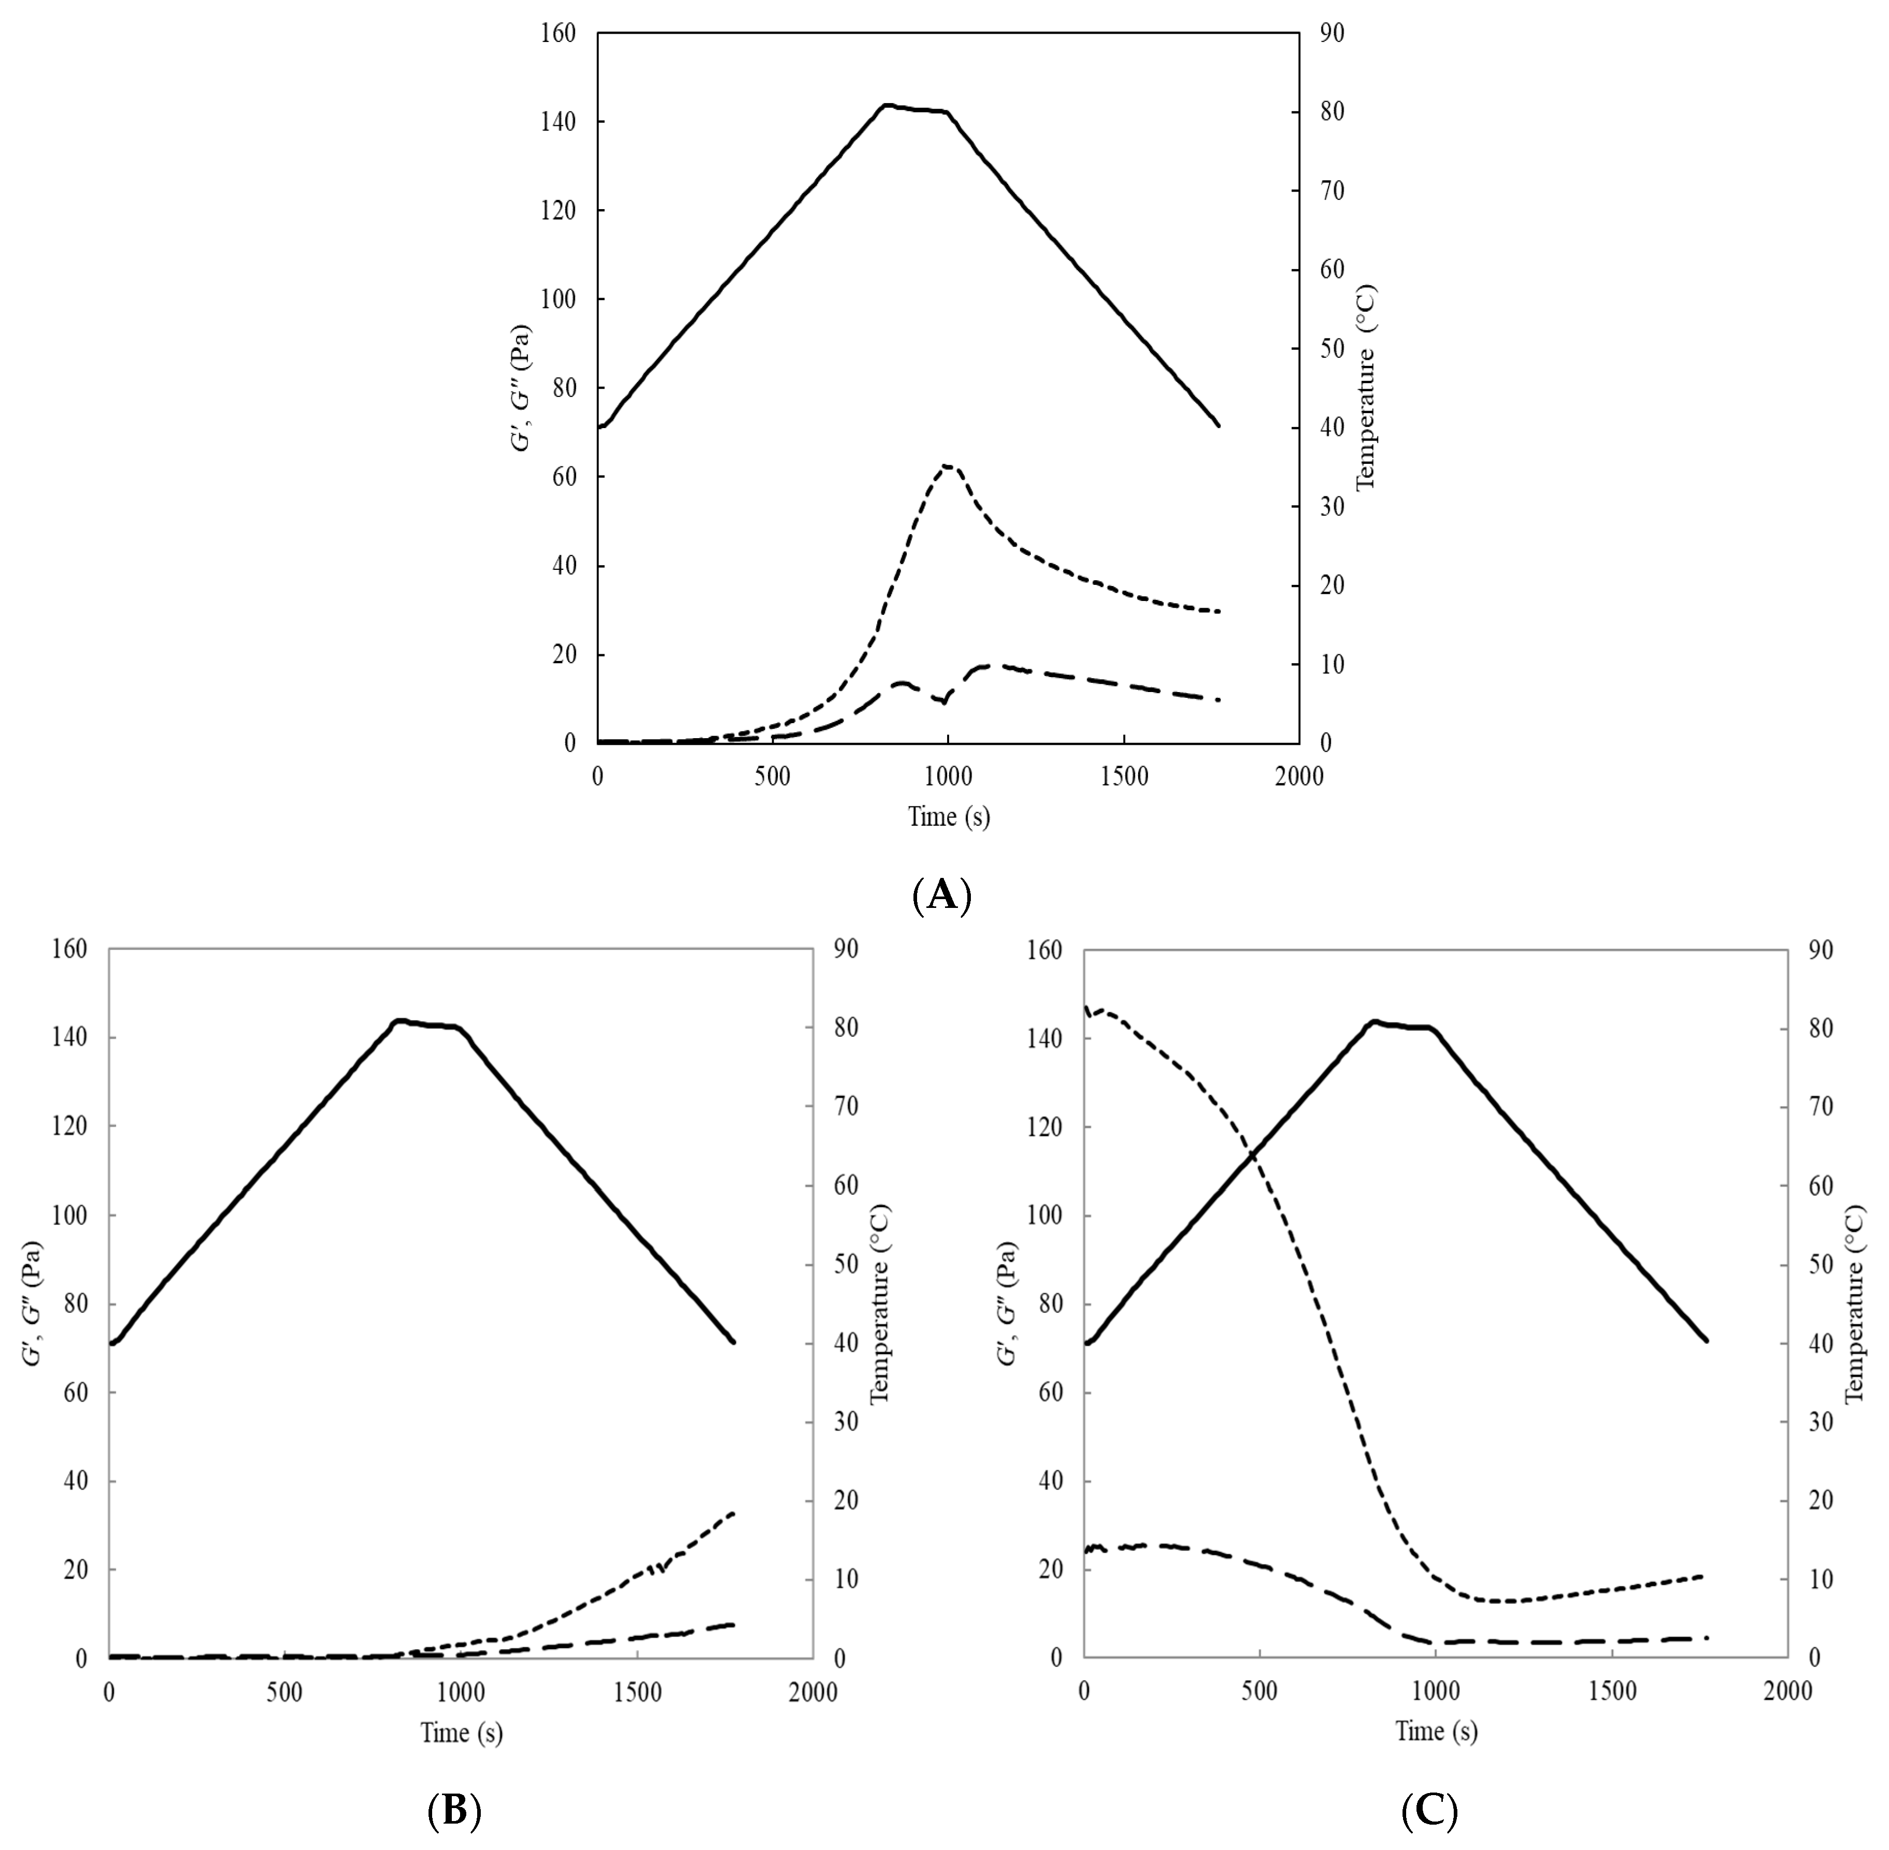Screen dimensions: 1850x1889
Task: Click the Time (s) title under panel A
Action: click(949, 816)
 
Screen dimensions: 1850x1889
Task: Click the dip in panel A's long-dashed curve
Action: click(942, 701)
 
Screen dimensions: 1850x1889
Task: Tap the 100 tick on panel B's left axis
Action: click(71, 1215)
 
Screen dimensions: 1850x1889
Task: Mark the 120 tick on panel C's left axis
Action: click(1046, 1127)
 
